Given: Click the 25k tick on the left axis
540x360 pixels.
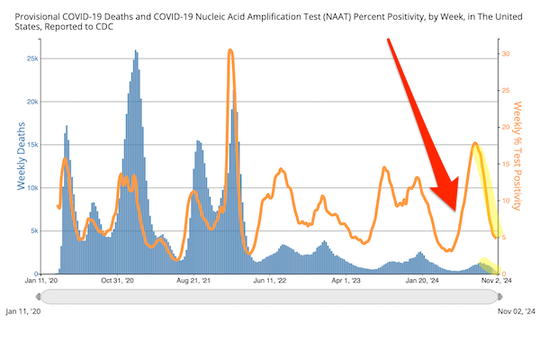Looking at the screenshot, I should tap(31, 58).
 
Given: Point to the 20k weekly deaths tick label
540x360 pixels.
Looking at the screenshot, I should tap(31, 102).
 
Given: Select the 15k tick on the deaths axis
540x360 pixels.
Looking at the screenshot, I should tap(31, 145).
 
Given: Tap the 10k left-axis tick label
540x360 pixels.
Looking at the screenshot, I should tap(31, 188).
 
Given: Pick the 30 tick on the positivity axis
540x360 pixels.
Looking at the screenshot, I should tap(506, 54).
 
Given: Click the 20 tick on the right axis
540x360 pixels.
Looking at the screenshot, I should tap(506, 127).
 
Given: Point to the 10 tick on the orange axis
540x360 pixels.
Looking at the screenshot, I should tap(506, 201).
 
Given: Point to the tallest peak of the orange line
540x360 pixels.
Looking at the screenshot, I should tap(231, 51).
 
